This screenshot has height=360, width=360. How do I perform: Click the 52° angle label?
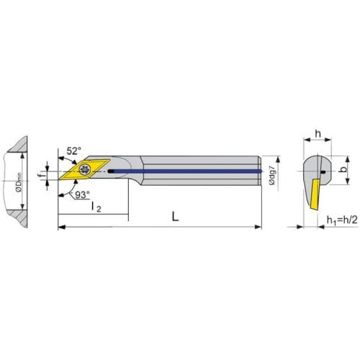73,151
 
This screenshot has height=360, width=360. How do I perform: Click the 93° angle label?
82,195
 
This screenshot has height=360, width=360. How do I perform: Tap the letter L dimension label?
176,217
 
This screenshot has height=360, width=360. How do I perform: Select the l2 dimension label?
96,207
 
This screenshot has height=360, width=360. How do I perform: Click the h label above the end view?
318,133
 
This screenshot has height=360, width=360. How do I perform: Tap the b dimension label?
343,169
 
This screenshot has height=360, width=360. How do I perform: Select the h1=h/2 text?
342,220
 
